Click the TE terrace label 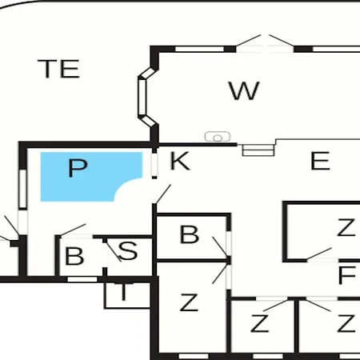[x=58, y=69]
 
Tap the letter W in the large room [x=244, y=90]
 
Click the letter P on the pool [x=78, y=168]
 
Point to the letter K [x=180, y=161]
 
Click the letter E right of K [x=320, y=161]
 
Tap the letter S [x=128, y=250]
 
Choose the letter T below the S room [x=123, y=292]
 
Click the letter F [x=346, y=275]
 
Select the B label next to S [x=74, y=256]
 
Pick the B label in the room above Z [x=190, y=234]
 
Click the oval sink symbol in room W [x=218, y=137]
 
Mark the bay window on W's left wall [x=146, y=97]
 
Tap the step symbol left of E [x=258, y=150]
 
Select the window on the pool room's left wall [x=23, y=189]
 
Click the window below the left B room [x=82, y=279]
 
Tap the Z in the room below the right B [x=189, y=302]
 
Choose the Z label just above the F [x=346, y=227]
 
